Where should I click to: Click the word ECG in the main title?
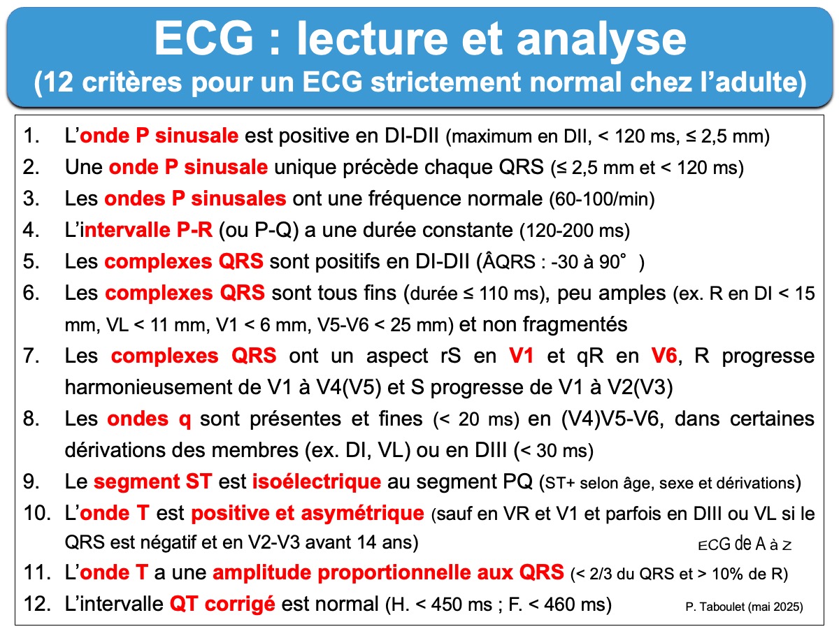coord(203,38)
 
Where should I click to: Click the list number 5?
coord(31,261)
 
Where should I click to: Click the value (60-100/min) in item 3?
coord(602,199)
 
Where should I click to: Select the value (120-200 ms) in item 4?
coord(575,231)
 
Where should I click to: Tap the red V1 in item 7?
coord(521,356)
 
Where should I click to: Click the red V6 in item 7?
coord(665,356)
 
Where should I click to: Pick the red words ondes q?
coord(149,419)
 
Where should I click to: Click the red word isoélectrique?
coord(317,482)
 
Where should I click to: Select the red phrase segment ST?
coord(152,482)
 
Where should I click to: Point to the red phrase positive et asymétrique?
coord(308,513)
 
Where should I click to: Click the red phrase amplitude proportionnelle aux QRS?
coord(388,572)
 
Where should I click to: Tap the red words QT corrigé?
coord(222,604)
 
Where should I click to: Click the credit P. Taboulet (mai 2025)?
coord(744,607)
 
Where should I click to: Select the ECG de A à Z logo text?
coord(744,544)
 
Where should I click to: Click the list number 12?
coord(37,604)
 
